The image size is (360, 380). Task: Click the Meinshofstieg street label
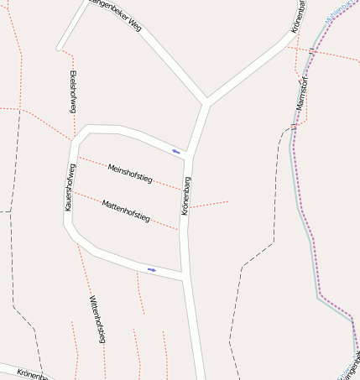[130, 174]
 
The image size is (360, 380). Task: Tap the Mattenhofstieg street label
[126, 211]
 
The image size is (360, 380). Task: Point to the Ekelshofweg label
[72, 91]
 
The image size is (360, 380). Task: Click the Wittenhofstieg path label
[97, 319]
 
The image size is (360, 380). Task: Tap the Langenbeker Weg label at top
[113, 14]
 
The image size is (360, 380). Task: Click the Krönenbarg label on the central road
[186, 196]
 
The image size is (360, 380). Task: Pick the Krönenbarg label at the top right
[298, 17]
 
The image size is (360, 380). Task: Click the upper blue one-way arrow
[176, 151]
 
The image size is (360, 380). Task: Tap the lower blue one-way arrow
[152, 269]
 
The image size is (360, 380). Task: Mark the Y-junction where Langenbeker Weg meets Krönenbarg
[206, 102]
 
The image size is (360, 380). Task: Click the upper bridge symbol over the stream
[311, 52]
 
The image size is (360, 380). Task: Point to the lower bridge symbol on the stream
[294, 127]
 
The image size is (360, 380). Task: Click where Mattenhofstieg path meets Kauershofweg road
[70, 191]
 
